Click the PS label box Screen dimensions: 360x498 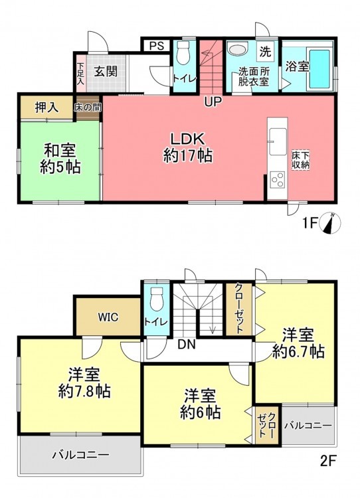157,45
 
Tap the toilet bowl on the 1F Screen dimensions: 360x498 183,52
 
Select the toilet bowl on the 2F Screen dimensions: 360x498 156,299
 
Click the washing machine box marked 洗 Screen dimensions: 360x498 265,51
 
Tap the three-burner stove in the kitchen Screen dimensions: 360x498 277,180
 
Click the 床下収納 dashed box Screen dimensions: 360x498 301,161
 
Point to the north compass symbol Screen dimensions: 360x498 332,222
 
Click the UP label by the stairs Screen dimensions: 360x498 213,102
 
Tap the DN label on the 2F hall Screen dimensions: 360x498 186,344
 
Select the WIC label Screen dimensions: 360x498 108,317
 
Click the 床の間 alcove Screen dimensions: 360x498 88,108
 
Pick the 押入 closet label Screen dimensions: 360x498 46,108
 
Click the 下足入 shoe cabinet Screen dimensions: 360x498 81,73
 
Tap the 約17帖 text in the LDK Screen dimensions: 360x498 188,156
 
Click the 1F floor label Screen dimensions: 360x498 310,224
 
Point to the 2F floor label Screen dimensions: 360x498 328,461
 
